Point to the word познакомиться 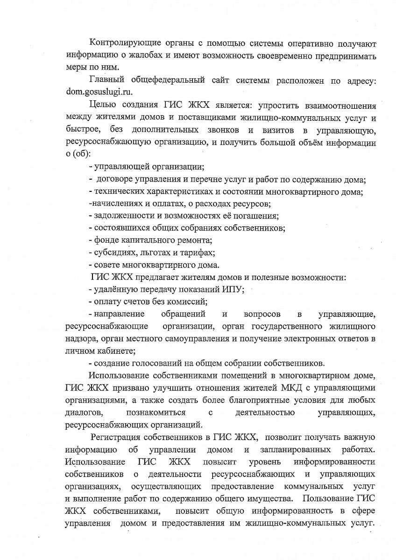point(156,413)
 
